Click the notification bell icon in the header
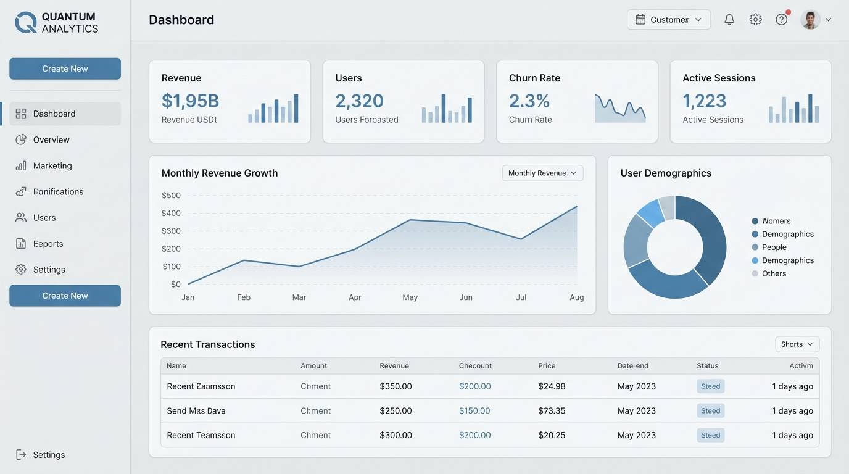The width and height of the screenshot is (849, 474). pos(729,20)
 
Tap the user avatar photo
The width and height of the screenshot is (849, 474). pos(810,20)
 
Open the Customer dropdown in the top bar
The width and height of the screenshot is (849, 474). pos(669,20)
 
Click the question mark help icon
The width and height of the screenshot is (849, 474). pos(781,20)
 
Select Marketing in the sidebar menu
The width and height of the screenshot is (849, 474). pos(52,165)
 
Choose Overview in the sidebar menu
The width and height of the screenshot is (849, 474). pos(51,139)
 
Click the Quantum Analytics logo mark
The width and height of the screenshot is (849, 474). pos(26,22)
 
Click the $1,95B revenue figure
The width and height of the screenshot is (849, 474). pos(190,101)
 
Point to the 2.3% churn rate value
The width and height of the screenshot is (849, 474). pos(529,101)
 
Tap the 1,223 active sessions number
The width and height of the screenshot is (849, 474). pos(704,101)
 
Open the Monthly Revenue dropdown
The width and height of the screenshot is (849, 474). pos(542,173)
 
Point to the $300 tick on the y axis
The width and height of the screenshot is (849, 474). pos(171,231)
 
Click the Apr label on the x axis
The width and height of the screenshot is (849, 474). pos(355,297)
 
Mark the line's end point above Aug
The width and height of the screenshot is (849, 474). pos(577,207)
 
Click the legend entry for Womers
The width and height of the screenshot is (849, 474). pos(776,221)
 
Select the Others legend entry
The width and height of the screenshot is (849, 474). pos(773,273)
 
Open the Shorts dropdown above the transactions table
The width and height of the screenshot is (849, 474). pos(797,344)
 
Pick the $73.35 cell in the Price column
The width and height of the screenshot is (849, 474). pos(552,410)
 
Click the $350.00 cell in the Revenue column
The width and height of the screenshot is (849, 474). pos(396,386)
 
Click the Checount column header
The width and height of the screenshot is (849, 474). pos(475,365)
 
